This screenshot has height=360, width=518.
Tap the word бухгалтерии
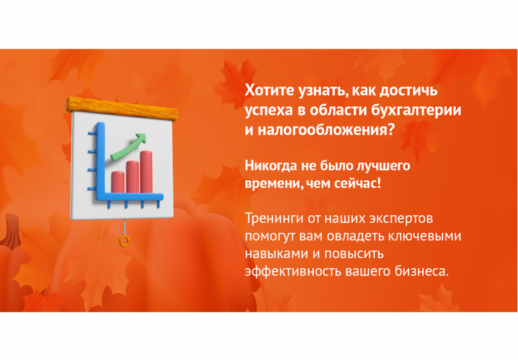[x=416, y=110]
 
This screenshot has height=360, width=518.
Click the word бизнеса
[x=422, y=271]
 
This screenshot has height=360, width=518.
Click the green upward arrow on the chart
[x=128, y=146]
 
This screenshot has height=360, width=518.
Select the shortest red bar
[x=117, y=182]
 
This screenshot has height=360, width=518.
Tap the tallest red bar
[x=146, y=172]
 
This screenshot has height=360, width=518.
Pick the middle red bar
[x=132, y=177]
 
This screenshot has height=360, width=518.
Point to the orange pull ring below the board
[x=124, y=242]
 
